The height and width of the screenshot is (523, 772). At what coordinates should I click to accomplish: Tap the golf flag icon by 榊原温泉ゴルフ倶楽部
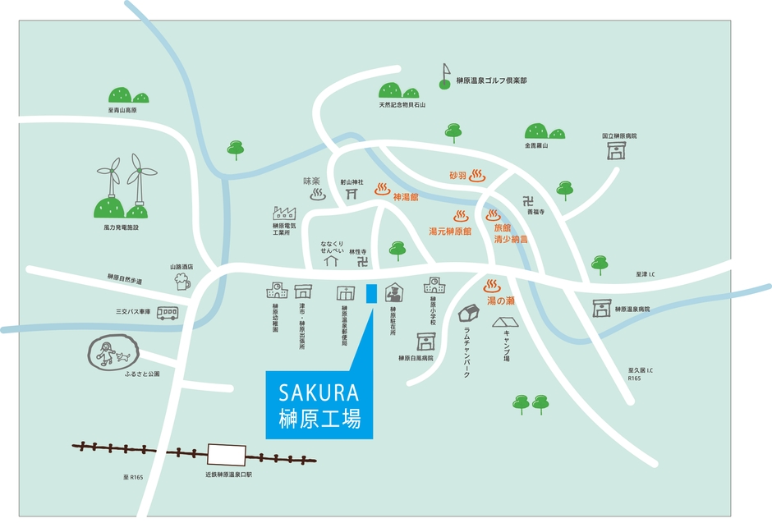pyautogui.click(x=445, y=75)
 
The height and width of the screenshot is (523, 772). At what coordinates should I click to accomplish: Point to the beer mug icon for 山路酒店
pyautogui.click(x=182, y=282)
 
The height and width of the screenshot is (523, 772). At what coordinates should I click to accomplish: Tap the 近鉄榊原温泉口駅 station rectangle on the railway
pyautogui.click(x=227, y=454)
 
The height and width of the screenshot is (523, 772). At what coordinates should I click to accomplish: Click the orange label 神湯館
pyautogui.click(x=406, y=197)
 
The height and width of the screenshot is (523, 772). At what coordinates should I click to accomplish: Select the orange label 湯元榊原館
pyautogui.click(x=450, y=232)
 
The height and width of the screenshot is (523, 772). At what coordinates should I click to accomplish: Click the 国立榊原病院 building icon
pyautogui.click(x=615, y=150)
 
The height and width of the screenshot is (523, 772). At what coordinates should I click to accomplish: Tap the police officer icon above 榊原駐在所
pyautogui.click(x=394, y=292)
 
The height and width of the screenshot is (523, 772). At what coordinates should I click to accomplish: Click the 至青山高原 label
pyautogui.click(x=122, y=110)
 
